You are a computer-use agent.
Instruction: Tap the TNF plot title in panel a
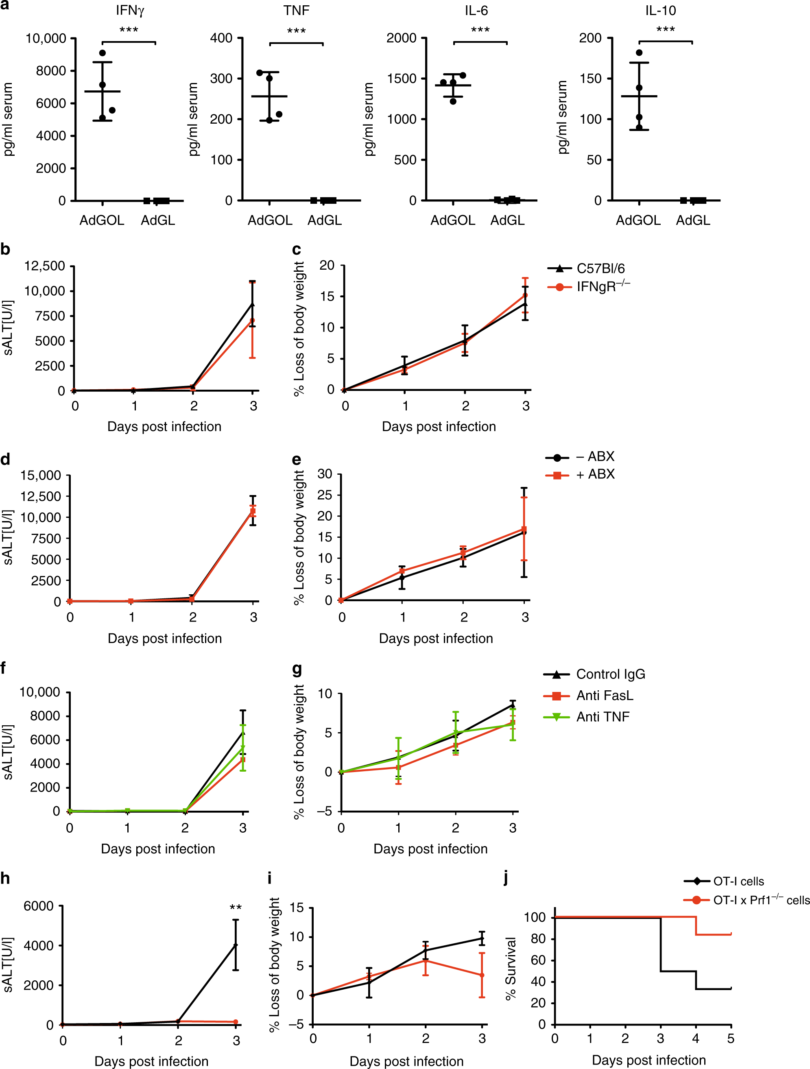(x=296, y=10)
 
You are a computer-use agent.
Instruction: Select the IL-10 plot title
(x=661, y=10)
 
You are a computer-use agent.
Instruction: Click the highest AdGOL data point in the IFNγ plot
(x=103, y=53)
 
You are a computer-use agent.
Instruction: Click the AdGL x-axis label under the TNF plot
(x=325, y=220)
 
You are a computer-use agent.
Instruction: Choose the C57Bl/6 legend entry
(x=600, y=269)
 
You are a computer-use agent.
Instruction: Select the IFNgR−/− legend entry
(x=603, y=287)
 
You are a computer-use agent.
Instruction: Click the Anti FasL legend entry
(x=604, y=696)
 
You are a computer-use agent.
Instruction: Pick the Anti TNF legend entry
(x=602, y=717)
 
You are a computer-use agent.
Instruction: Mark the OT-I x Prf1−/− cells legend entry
(x=761, y=900)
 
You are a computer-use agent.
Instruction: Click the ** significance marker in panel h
(x=236, y=908)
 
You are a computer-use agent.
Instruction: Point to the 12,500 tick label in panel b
(x=45, y=266)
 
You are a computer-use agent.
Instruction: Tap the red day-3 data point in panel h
(x=236, y=1022)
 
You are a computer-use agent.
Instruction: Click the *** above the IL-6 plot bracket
(x=480, y=30)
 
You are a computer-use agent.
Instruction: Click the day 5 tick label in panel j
(x=730, y=1038)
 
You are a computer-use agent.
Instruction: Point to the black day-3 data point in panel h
(x=236, y=945)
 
